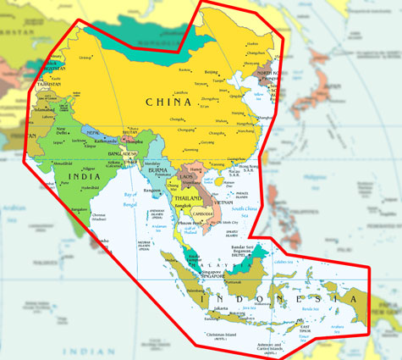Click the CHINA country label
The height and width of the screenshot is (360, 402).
[168, 102]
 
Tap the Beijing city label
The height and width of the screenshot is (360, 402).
[212, 73]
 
